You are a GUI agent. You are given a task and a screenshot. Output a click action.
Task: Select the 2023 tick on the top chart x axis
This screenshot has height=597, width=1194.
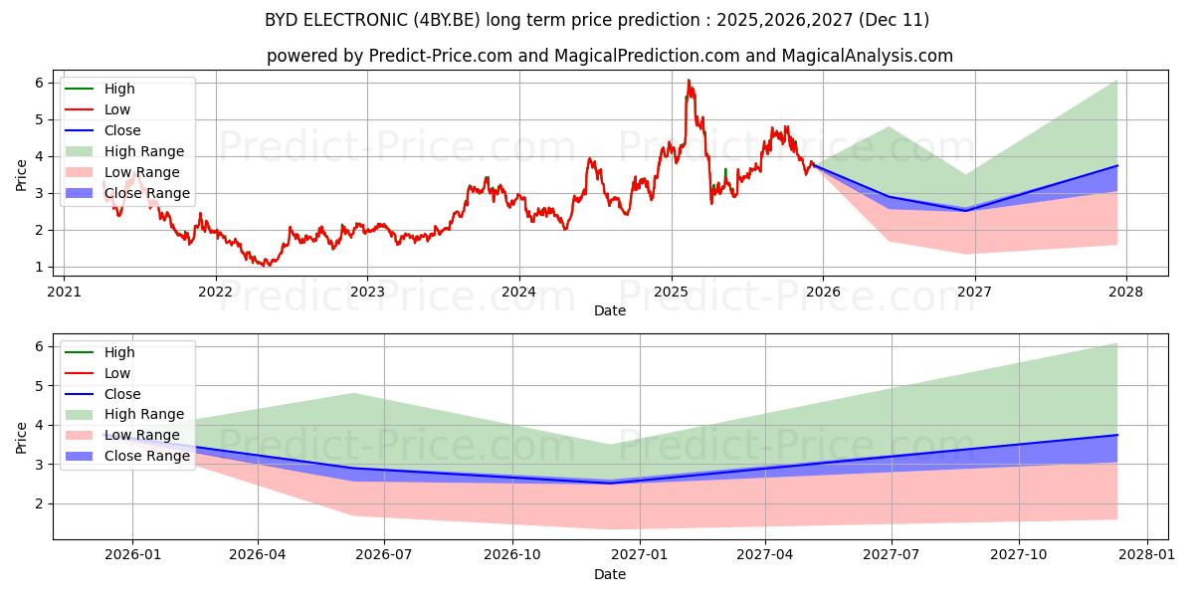(x=367, y=292)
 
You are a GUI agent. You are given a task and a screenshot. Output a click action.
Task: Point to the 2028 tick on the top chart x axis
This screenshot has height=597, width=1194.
(x=1126, y=292)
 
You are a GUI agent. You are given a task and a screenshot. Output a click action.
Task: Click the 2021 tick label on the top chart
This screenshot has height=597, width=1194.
(x=64, y=292)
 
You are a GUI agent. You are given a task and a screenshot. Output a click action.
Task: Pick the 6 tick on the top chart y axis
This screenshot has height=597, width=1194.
(x=39, y=83)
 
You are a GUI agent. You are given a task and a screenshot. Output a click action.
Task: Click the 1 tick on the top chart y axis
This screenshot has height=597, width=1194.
(x=39, y=267)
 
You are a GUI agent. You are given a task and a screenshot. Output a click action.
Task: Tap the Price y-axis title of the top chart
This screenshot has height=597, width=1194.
(x=22, y=174)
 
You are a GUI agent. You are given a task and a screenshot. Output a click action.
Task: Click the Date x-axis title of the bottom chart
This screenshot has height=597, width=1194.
(x=610, y=574)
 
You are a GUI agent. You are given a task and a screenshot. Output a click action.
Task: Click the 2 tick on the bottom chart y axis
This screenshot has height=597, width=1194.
(x=39, y=503)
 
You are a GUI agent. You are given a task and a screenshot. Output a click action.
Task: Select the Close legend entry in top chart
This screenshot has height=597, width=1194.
(x=121, y=130)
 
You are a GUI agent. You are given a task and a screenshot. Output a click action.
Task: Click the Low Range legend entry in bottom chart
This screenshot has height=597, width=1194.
(x=141, y=435)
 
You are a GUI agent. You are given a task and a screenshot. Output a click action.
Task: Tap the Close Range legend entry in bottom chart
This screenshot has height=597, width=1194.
(x=146, y=456)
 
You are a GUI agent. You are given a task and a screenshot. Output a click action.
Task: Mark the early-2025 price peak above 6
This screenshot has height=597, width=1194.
(x=688, y=81)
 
